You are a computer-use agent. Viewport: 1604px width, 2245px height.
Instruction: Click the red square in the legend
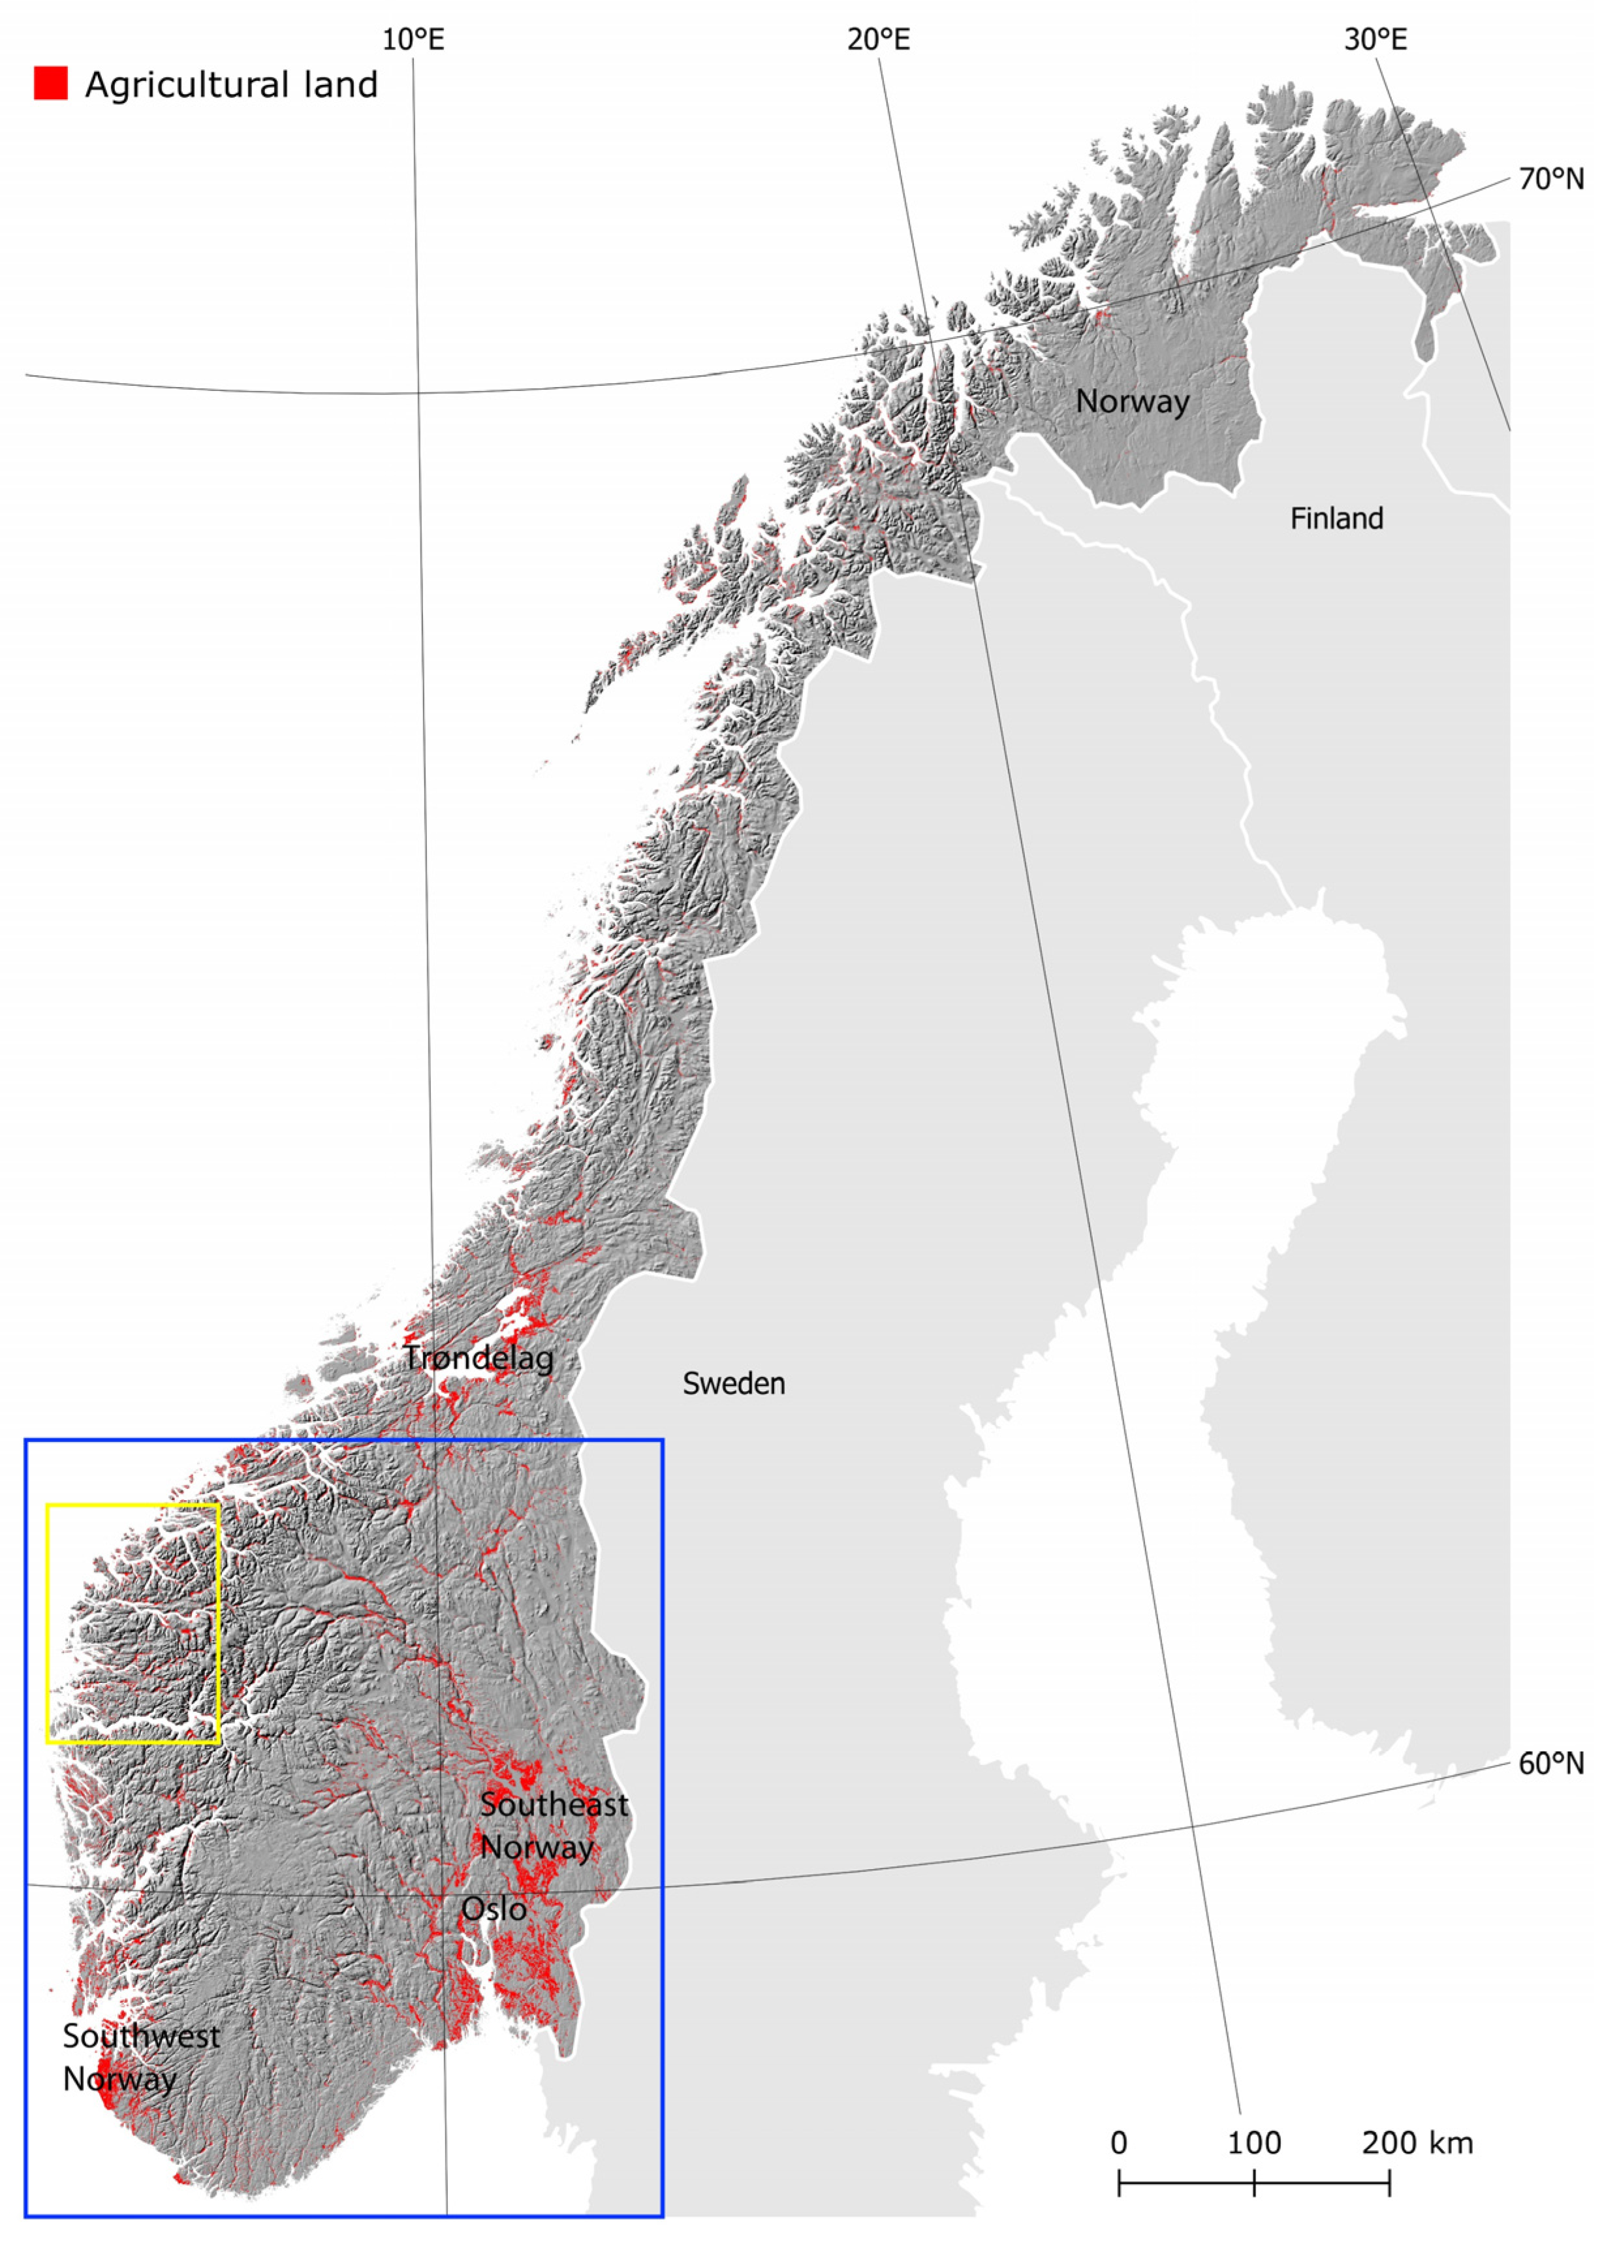point(50,83)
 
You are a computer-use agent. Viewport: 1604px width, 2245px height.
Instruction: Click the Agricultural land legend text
point(231,85)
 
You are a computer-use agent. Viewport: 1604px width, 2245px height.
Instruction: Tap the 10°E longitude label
point(413,40)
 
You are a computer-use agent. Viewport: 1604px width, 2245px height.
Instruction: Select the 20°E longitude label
point(878,40)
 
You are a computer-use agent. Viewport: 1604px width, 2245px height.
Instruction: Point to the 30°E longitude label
point(1375,40)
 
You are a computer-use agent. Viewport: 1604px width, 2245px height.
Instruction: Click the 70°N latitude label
point(1550,179)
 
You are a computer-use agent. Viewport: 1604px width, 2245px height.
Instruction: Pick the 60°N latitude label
point(1550,1763)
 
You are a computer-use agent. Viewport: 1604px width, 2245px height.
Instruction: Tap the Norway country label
point(1132,401)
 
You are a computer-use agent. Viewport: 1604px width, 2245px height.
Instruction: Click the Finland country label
point(1336,518)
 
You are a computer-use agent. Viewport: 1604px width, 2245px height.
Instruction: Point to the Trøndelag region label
point(479,1358)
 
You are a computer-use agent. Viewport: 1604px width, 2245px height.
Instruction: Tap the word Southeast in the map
point(554,1804)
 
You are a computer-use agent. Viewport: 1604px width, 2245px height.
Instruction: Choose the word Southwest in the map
point(141,2035)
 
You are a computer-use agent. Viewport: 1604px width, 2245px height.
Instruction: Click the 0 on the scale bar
point(1118,2143)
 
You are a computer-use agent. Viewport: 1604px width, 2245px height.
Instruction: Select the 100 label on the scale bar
point(1254,2143)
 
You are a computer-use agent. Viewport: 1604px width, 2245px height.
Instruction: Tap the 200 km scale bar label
point(1417,2143)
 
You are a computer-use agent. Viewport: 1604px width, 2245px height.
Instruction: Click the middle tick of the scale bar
point(1254,2183)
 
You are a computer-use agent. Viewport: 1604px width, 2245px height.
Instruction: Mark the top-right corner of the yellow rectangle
point(218,1505)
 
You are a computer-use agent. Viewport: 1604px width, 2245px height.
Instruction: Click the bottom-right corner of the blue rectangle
point(663,2216)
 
